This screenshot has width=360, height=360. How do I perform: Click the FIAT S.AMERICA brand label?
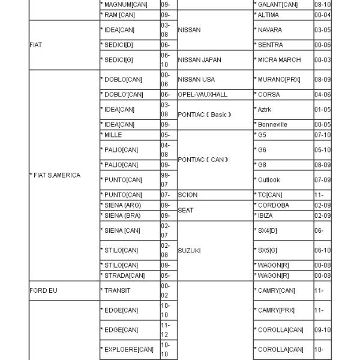pyautogui.click(x=56, y=175)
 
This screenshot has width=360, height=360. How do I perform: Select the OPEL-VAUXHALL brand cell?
pyautogui.click(x=203, y=95)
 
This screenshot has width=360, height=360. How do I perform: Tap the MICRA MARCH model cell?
pyautogui.click(x=280, y=60)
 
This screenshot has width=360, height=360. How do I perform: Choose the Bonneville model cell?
pyautogui.click(x=272, y=125)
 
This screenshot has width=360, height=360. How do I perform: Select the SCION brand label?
pyautogui.click(x=188, y=195)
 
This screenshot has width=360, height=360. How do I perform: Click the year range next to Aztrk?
pyautogui.click(x=322, y=110)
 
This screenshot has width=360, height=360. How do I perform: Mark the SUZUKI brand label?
pyautogui.click(x=190, y=250)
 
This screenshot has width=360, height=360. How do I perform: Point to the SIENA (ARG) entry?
pyautogui.click(x=122, y=205)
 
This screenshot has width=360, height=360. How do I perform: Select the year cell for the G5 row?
pyautogui.click(x=322, y=135)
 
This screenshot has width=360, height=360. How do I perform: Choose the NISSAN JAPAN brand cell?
pyautogui.click(x=200, y=60)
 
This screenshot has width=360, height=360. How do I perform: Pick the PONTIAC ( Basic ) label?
pyautogui.click(x=205, y=115)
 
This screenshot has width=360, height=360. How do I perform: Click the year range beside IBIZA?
pyautogui.click(x=322, y=215)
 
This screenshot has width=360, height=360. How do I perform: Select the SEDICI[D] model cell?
pyautogui.click(x=118, y=45)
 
